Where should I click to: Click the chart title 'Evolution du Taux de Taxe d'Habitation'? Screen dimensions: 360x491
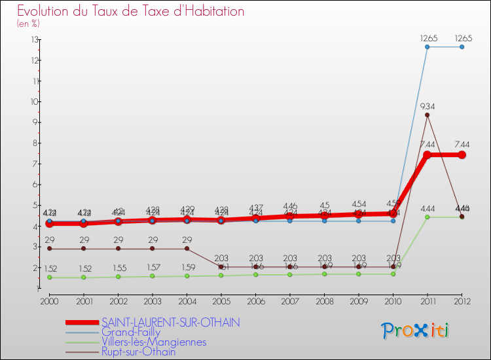(131, 12)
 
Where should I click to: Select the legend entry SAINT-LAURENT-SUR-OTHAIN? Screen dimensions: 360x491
(171, 322)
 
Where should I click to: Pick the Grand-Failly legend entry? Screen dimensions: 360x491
(131, 332)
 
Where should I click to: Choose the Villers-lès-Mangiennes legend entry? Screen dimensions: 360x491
(154, 342)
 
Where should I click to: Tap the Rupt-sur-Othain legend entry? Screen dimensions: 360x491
(138, 351)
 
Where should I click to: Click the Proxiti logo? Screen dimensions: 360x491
(416, 330)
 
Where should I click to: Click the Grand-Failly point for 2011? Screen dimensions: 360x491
(427, 47)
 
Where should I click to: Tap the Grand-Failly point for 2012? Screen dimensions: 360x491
(462, 47)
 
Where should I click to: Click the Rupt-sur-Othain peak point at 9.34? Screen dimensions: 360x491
(427, 115)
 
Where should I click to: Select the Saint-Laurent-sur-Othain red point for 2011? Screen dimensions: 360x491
(427, 155)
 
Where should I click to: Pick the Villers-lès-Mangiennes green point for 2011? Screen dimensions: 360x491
(427, 217)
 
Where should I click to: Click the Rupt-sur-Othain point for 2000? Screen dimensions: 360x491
(49, 249)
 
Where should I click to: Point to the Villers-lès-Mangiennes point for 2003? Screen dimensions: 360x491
(152, 276)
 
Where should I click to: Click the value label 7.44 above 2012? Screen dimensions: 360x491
(462, 144)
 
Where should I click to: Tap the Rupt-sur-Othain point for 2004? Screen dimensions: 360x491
(187, 249)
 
